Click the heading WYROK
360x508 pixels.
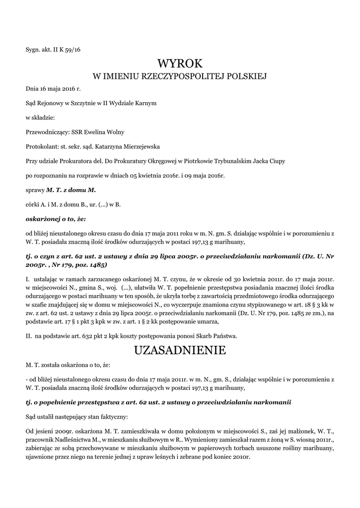(180, 63)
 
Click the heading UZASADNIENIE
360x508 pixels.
(180, 350)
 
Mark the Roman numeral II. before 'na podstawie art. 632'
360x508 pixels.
(29, 336)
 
